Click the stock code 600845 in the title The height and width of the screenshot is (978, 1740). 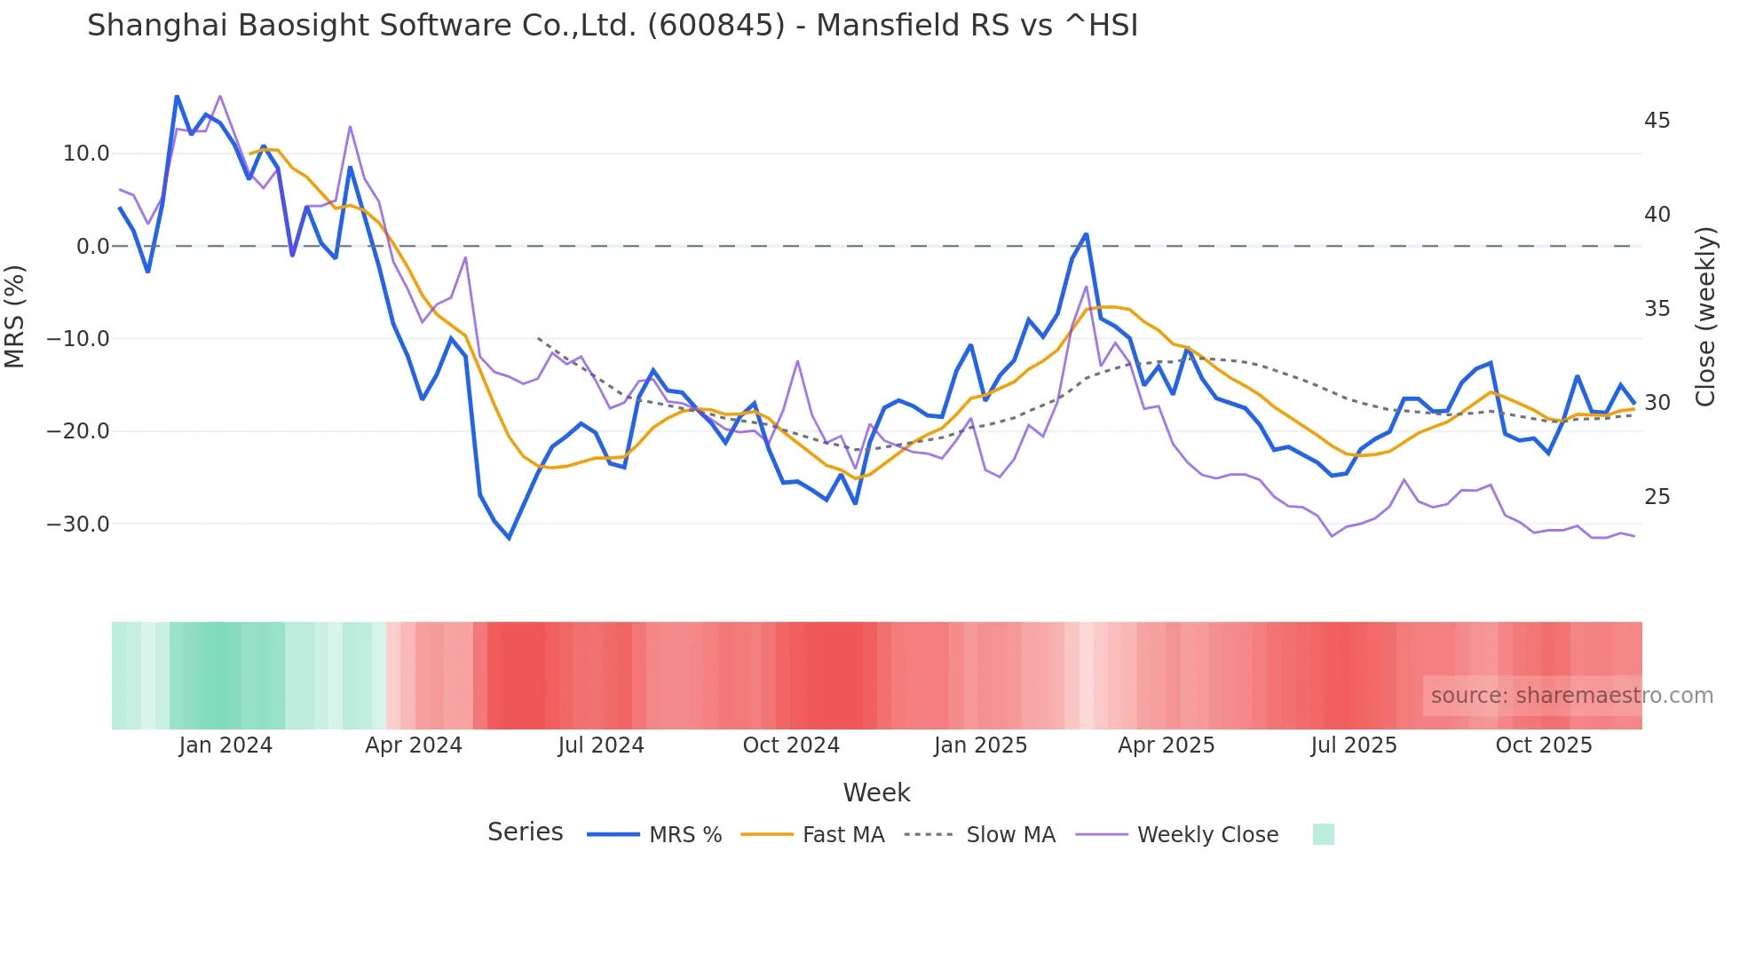[716, 26]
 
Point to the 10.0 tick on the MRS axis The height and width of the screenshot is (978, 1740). [86, 154]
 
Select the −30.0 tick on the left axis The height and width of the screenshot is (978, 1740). [78, 524]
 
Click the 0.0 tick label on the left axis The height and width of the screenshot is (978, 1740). [93, 247]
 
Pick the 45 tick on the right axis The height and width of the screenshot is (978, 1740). [1657, 121]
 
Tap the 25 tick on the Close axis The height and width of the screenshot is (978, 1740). [1657, 497]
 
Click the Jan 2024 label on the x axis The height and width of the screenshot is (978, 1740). [225, 745]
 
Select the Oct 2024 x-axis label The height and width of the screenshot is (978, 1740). [791, 745]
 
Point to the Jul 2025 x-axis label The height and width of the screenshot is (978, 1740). [1354, 745]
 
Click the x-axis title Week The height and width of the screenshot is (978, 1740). [876, 793]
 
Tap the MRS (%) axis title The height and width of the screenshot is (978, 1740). [15, 316]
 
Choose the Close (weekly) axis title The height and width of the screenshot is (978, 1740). [1704, 316]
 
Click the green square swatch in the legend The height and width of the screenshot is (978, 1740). [1323, 834]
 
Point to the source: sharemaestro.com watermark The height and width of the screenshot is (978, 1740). [1571, 696]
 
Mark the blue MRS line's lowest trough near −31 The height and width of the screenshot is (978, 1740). [510, 538]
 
